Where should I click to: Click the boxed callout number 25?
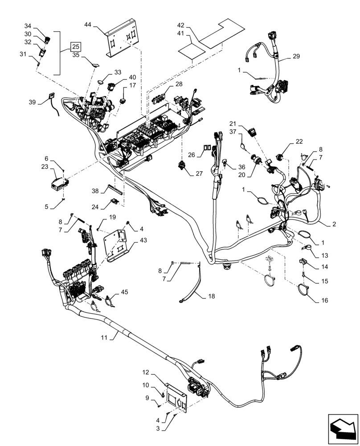click(76, 46)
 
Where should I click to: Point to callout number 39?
click(32, 102)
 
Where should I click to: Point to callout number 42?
click(180, 25)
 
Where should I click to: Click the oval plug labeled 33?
click(101, 82)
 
